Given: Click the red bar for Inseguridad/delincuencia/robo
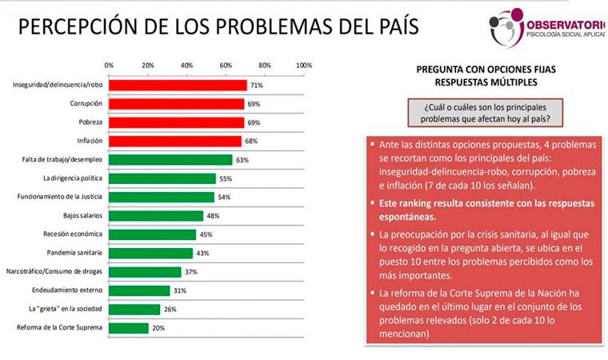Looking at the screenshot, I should coord(178,85).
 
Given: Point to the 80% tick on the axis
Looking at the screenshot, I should coord(265,65).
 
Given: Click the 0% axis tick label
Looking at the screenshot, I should coord(109,65).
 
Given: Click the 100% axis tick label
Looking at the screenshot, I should coord(303,65).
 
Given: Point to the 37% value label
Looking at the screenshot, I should coord(190,271).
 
